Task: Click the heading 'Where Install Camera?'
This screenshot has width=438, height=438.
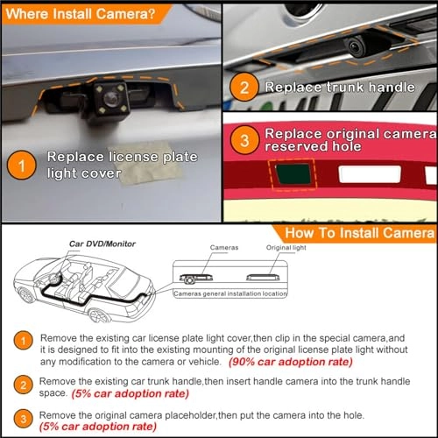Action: pyautogui.click(x=73, y=13)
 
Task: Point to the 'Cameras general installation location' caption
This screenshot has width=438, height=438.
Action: pyautogui.click(x=230, y=293)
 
